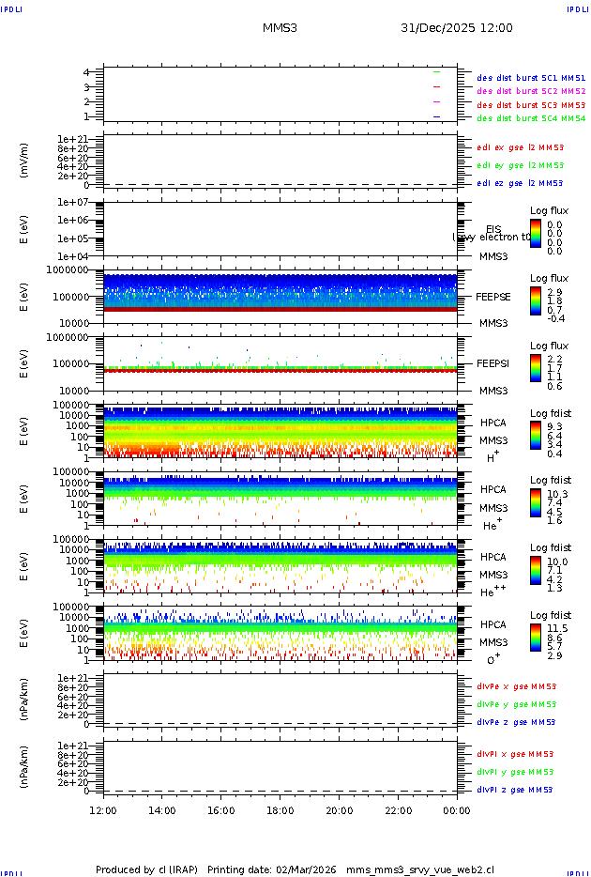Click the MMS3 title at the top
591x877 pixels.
point(280,28)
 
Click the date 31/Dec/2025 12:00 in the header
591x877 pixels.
point(457,28)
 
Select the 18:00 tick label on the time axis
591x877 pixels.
point(280,810)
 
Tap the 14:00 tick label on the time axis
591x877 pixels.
point(162,810)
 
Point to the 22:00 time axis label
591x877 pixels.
point(398,810)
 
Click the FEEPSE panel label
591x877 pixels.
point(492,297)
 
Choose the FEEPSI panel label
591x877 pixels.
point(492,363)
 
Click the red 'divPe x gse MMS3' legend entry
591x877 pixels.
point(516,686)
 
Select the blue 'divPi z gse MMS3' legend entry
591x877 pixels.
point(516,790)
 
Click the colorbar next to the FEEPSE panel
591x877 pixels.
point(535,301)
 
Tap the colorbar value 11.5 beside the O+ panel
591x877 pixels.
point(557,628)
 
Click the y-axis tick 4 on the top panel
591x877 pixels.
point(86,72)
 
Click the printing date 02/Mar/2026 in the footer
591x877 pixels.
point(305,869)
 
